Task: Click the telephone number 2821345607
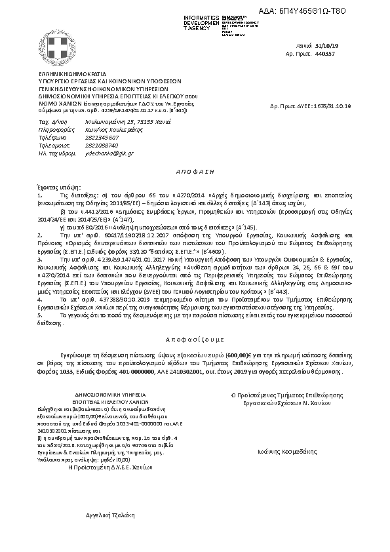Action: point(102,138)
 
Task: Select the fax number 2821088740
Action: point(102,145)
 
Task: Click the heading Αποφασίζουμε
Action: point(195,341)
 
